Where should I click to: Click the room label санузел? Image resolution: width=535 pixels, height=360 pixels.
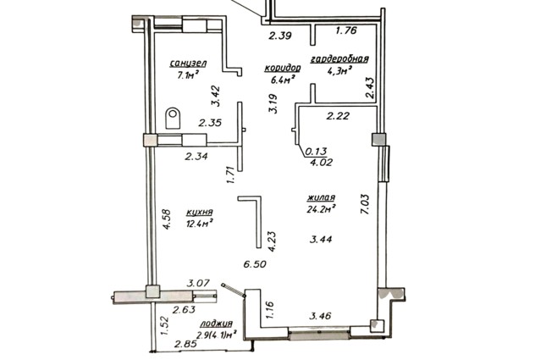click(x=188, y=64)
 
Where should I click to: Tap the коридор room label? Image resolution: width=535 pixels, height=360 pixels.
click(x=283, y=69)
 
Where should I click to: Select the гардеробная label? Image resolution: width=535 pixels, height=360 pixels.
click(x=339, y=58)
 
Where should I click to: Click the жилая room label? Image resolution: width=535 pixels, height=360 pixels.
click(x=321, y=197)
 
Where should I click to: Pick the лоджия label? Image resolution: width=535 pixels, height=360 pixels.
click(x=217, y=324)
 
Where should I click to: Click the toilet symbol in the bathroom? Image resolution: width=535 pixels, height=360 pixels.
click(x=173, y=119)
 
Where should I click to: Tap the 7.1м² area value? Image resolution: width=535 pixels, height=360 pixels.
click(x=188, y=75)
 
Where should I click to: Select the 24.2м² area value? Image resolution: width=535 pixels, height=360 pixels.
click(x=321, y=209)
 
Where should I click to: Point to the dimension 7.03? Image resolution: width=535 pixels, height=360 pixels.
click(x=365, y=204)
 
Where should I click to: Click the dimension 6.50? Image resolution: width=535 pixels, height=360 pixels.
click(x=255, y=264)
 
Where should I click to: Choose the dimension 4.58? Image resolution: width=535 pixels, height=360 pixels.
click(x=167, y=219)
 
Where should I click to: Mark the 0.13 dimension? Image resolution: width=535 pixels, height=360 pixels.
click(x=317, y=151)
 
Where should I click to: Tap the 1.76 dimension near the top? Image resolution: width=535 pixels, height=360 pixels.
click(x=346, y=30)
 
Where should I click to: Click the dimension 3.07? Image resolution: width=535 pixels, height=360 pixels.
click(x=198, y=283)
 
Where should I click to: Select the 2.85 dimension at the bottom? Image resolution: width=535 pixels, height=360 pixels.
click(x=185, y=344)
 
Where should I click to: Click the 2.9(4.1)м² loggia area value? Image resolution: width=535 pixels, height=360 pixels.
click(x=217, y=335)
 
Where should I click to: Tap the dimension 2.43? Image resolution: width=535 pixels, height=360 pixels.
click(x=370, y=88)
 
